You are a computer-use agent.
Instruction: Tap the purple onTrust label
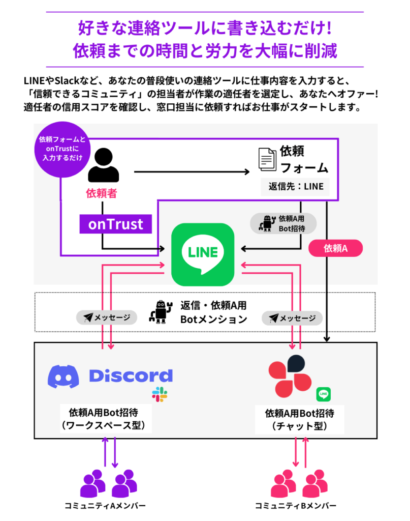pos(116,224)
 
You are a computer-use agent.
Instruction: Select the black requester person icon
pos(103,165)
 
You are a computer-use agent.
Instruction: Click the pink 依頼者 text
pos(102,193)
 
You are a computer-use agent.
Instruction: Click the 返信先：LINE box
pos(296,186)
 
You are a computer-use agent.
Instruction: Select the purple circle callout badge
pos(60,149)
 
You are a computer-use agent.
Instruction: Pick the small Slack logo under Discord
pos(159,394)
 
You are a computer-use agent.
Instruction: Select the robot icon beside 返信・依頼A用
pos(161,311)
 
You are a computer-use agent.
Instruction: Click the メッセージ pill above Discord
pos(107,317)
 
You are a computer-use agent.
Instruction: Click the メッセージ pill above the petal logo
pos(292,318)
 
